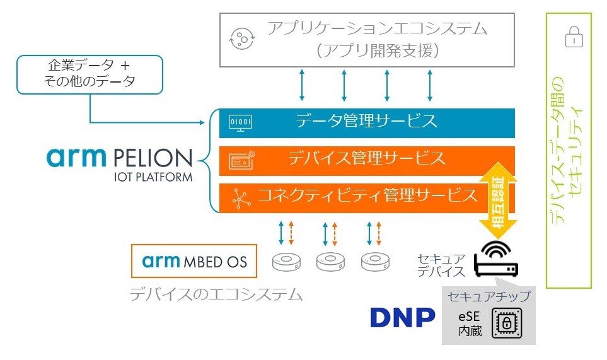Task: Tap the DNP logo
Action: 402,318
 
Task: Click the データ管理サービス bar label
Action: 366,120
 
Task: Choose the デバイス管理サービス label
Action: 366,158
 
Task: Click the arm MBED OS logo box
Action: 195,261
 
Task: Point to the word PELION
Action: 153,158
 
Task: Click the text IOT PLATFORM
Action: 153,177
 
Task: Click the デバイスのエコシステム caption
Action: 216,294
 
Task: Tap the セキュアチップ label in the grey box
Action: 489,296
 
